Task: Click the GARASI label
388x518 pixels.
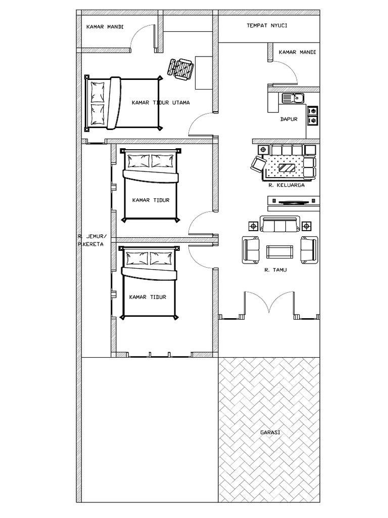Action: pos(270,432)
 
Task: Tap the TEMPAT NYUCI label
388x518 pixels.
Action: pos(267,25)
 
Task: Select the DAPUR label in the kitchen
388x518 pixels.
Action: pos(288,119)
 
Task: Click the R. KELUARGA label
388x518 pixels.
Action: pos(286,185)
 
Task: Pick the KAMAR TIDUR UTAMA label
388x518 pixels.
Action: pos(161,103)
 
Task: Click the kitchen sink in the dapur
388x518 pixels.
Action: pos(293,98)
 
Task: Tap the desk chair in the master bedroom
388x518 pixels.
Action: pos(180,68)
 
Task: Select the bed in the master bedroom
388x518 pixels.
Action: pos(124,103)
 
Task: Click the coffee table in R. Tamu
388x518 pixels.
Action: pos(279,252)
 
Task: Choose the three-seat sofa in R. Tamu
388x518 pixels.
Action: pos(280,224)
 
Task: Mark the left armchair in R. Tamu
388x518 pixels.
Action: pos(251,250)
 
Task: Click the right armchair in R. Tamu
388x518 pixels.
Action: pos(309,250)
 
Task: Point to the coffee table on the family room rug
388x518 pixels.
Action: pos(287,167)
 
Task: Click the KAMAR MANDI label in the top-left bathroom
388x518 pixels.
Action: pos(105,27)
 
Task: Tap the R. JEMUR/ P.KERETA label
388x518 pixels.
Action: pos(91,240)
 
